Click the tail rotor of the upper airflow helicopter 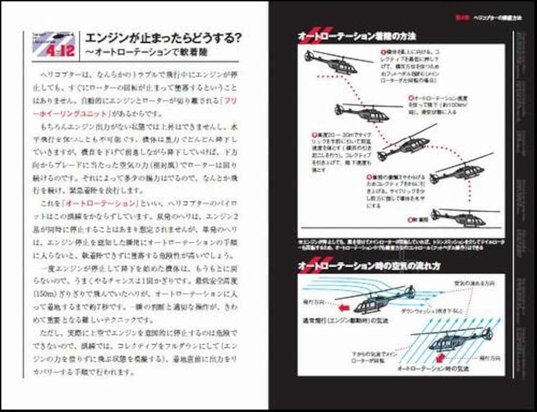(x=411, y=292)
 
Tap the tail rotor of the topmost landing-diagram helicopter (x=308, y=55)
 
